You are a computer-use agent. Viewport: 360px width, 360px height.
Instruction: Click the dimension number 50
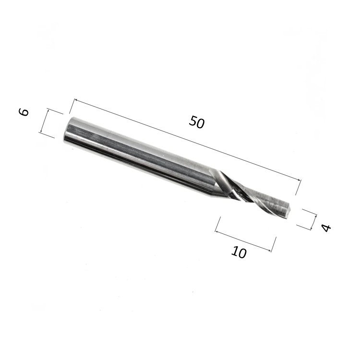[x=196, y=122]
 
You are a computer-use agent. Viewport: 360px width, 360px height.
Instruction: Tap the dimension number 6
[x=24, y=112]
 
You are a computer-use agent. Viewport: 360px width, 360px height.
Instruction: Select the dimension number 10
[x=239, y=252]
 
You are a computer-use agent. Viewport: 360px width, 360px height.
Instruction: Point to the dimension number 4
[x=326, y=228]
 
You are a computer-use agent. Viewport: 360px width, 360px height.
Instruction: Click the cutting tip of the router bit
[x=288, y=210]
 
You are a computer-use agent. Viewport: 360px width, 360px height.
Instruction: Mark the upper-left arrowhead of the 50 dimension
[x=75, y=100]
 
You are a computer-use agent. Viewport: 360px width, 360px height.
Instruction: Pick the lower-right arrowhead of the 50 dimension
[x=299, y=180]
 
